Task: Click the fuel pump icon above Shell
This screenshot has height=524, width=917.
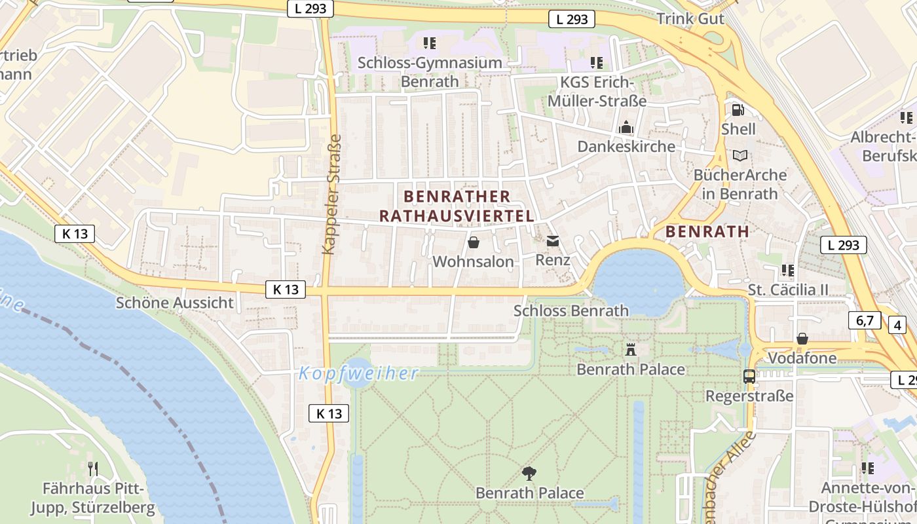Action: pos(738,110)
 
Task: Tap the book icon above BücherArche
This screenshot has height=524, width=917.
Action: pos(740,156)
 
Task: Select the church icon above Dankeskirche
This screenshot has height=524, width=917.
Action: pos(626,127)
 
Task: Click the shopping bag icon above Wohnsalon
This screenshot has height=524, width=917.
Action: pos(473,242)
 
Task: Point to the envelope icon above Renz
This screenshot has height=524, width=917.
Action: pos(553,241)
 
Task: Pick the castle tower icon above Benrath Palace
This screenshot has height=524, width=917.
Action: pos(631,349)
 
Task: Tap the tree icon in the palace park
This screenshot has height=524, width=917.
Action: pos(529,473)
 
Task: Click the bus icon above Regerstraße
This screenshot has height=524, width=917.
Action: pos(749,377)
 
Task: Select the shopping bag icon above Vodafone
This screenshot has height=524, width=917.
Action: pos(802,339)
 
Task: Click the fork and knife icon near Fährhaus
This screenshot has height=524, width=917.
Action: pos(93,468)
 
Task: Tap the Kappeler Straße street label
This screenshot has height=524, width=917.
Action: pos(332,195)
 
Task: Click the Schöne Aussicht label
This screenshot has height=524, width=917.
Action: pos(174,303)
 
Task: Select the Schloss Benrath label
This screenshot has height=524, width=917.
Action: pos(571,310)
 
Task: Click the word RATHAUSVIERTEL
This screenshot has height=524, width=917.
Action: pos(457,215)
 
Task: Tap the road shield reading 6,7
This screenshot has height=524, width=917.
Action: pos(865,320)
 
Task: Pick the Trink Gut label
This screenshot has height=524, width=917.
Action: pos(690,18)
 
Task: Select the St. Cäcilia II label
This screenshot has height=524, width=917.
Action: pos(788,290)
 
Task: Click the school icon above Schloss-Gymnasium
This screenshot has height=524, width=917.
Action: pos(430,43)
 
